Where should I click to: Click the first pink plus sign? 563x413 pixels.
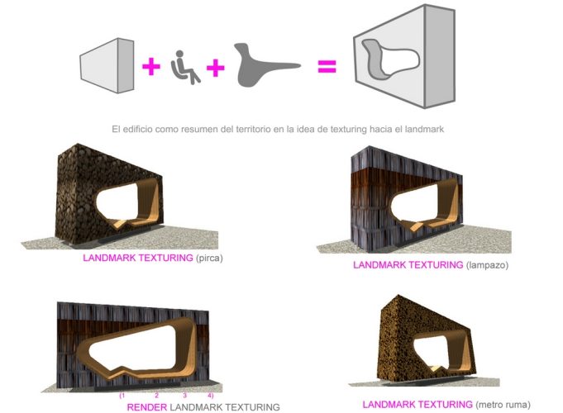[150, 66]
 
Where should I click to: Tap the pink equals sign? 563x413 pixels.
[328, 66]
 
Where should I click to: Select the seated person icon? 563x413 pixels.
[184, 68]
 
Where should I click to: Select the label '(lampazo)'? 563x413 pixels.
[488, 265]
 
